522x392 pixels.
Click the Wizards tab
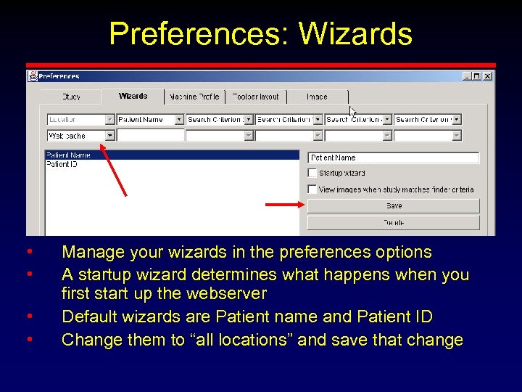133,96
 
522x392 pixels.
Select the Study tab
71,97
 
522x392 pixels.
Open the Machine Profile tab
194,97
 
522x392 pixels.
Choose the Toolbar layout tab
256,97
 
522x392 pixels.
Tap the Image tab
317,97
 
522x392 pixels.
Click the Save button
394,206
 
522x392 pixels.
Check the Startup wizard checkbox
312,173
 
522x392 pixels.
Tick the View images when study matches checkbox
312,189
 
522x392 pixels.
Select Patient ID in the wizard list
62,164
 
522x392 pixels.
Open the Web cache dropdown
110,136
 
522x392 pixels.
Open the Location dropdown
110,119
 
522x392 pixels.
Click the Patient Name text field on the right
394,158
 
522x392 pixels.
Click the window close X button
488,75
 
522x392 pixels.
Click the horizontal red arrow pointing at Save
285,205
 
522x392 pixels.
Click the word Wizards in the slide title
355,33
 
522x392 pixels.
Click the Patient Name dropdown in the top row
151,119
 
